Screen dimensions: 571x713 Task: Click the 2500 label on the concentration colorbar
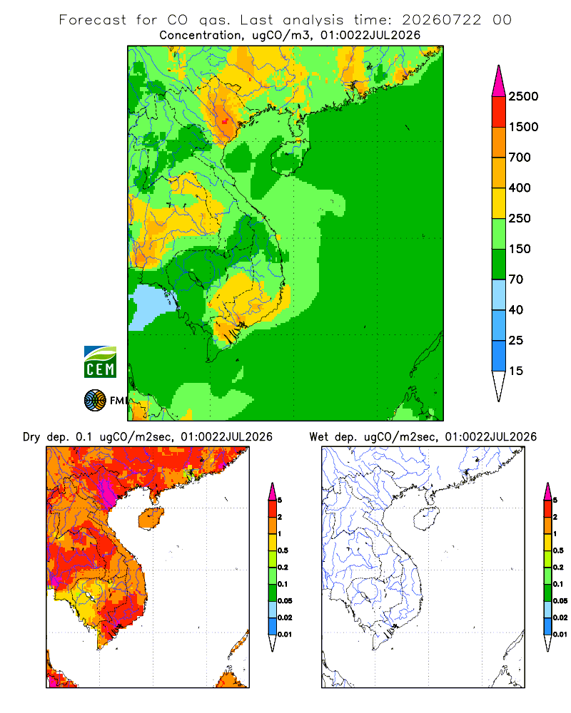point(523,96)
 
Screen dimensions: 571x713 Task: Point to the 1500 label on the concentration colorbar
point(523,127)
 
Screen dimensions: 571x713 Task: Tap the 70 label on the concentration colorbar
point(516,279)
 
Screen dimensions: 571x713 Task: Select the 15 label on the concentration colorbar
point(516,371)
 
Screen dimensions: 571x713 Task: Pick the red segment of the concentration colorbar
point(499,112)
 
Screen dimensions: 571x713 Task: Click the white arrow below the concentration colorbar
point(499,385)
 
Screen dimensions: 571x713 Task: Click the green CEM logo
point(100,362)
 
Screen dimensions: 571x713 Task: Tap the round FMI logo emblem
point(95,401)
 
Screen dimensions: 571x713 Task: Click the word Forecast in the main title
point(93,20)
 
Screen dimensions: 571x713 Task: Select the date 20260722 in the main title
point(441,20)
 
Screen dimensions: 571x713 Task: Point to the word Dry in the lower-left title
point(31,437)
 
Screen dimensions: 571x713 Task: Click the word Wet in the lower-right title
point(318,437)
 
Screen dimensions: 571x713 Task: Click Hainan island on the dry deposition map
point(151,518)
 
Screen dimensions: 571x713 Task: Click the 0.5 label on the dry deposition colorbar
point(283,550)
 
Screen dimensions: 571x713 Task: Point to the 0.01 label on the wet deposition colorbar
point(560,635)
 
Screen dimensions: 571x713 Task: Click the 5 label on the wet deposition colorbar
point(555,501)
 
